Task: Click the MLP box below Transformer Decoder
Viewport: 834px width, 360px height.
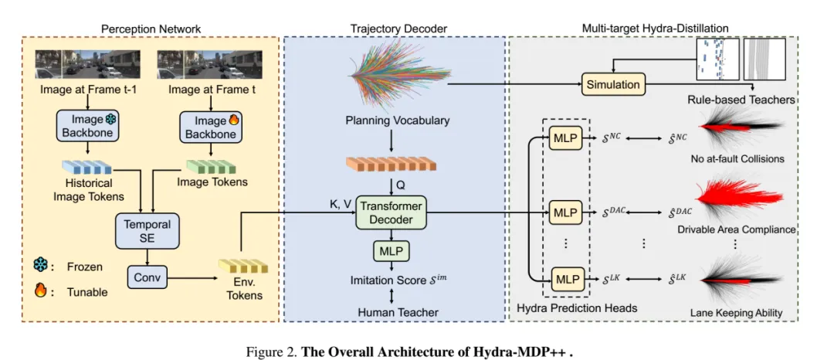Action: click(x=392, y=253)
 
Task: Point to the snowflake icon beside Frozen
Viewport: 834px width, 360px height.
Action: click(x=40, y=267)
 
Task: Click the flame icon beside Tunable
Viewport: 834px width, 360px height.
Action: click(x=40, y=291)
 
